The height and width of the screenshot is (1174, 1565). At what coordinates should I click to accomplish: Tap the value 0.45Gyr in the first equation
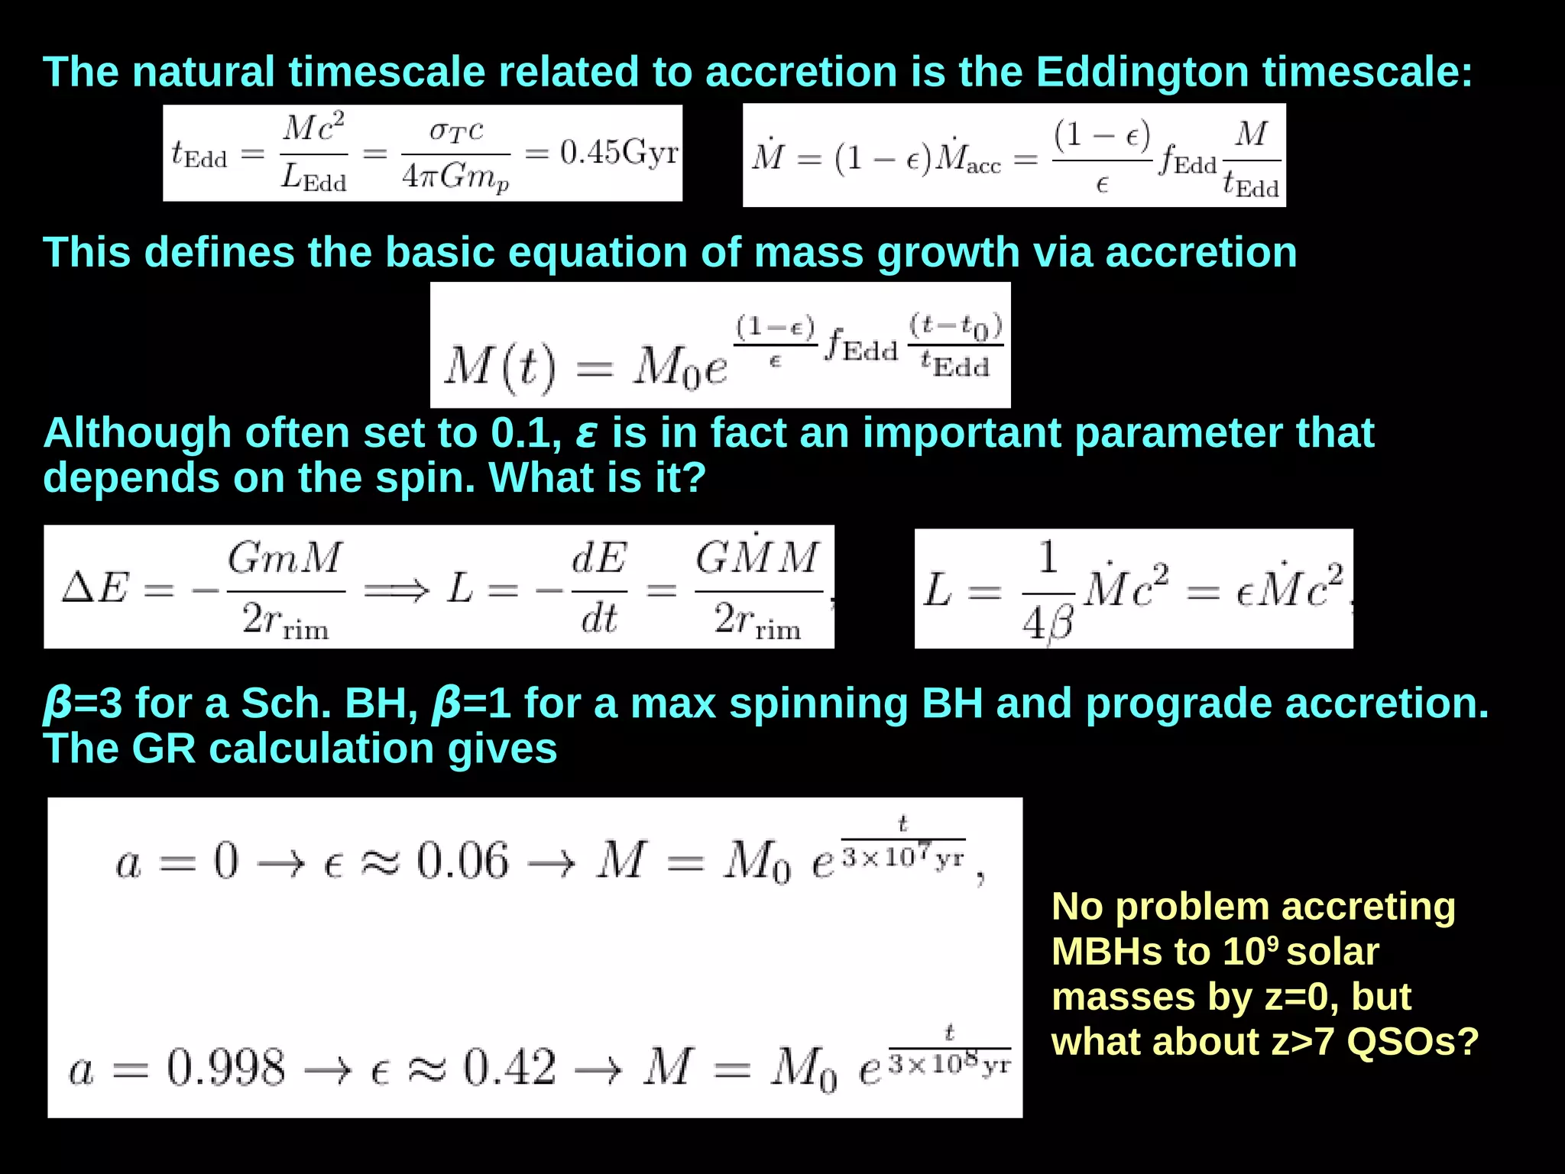pos(619,153)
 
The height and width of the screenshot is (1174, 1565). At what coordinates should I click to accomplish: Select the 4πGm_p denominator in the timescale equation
pos(455,178)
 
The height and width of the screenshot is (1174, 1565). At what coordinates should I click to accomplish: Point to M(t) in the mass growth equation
pos(501,367)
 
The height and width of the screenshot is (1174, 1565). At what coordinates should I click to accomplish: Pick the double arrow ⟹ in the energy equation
pos(396,590)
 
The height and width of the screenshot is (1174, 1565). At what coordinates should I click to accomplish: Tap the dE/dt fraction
pos(599,589)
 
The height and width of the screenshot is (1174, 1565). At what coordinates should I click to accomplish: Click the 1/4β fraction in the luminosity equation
pos(1048,589)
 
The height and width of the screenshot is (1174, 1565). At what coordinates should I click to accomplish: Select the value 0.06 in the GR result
pos(462,862)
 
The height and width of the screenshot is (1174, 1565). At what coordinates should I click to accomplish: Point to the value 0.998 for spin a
pos(225,1067)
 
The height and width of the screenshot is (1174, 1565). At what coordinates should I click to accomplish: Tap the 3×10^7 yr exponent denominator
pos(902,859)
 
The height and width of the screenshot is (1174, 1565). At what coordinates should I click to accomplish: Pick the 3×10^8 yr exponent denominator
pos(950,1064)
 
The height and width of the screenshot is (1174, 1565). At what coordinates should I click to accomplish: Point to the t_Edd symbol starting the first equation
pos(199,154)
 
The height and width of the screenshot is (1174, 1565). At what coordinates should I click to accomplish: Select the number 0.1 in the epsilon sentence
pos(520,434)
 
